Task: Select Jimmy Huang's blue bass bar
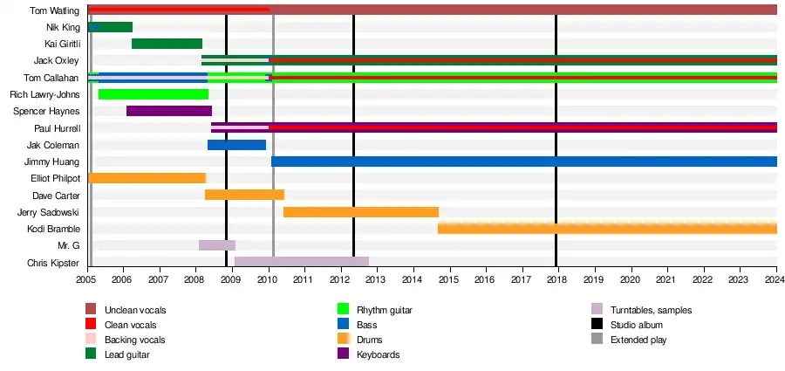pyautogui.click(x=523, y=161)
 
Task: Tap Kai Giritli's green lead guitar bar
pyautogui.click(x=167, y=44)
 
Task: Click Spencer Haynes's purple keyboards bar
pyautogui.click(x=169, y=111)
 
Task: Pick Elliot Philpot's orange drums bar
pyautogui.click(x=147, y=178)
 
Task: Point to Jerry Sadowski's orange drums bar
pyautogui.click(x=360, y=211)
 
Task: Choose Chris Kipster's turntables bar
pyautogui.click(x=301, y=262)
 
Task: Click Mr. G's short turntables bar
pyautogui.click(x=216, y=245)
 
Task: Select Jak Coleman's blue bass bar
pyautogui.click(x=236, y=145)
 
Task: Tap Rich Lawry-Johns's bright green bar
pyautogui.click(x=154, y=94)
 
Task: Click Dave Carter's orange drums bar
pyautogui.click(x=244, y=195)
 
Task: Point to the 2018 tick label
pyautogui.click(x=556, y=279)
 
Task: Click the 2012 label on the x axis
pyautogui.click(x=338, y=279)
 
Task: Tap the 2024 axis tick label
pyautogui.click(x=773, y=279)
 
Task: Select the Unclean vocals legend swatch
pyautogui.click(x=92, y=310)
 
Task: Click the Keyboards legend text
pyautogui.click(x=379, y=354)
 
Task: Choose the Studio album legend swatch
pyautogui.click(x=597, y=325)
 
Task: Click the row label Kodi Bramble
pyautogui.click(x=54, y=229)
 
